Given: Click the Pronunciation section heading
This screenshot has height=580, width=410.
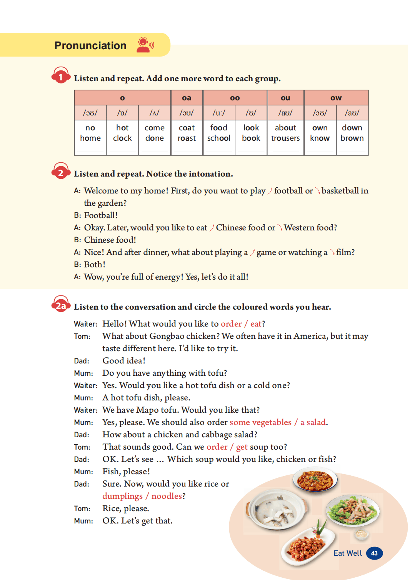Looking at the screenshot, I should coord(90,45).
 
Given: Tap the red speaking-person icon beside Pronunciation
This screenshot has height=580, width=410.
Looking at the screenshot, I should coord(145,45).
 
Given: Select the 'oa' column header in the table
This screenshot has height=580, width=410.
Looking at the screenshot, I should coord(187,98).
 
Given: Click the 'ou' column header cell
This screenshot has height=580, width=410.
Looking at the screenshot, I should coord(285,98).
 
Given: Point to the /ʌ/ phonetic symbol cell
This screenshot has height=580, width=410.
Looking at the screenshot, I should coord(155,113).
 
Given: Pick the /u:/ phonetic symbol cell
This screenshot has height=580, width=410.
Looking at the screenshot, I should coord(219,113).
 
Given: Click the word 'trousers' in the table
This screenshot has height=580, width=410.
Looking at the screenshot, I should coord(285,138).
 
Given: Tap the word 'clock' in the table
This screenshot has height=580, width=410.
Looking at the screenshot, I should coord(122,138).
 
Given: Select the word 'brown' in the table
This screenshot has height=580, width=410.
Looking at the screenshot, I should coord(352,138).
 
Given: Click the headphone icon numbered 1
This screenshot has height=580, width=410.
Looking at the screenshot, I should coord(61,76).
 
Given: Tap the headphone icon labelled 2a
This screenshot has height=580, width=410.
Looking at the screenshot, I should coord(61,305).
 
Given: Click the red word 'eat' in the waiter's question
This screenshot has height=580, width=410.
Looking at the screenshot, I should coord(256,324).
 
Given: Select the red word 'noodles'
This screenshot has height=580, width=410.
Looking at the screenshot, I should coord(167,496).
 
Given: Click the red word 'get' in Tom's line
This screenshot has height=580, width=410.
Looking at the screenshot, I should coord(242,447).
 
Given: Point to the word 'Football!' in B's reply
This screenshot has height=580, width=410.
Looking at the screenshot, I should coord(101,215).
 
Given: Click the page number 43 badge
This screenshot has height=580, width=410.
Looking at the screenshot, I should coord(374,553).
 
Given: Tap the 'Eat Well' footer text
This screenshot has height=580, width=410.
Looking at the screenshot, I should coord(347,553).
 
